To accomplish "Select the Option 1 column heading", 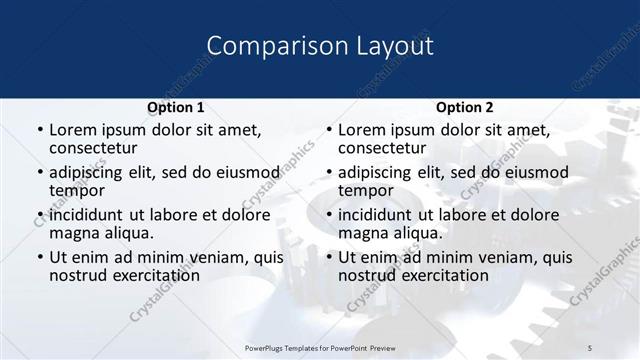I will pyautogui.click(x=175, y=108).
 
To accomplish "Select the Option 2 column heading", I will pyautogui.click(x=464, y=108).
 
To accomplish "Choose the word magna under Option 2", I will pyautogui.click(x=363, y=233).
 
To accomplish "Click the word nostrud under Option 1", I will pyautogui.click(x=77, y=275).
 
